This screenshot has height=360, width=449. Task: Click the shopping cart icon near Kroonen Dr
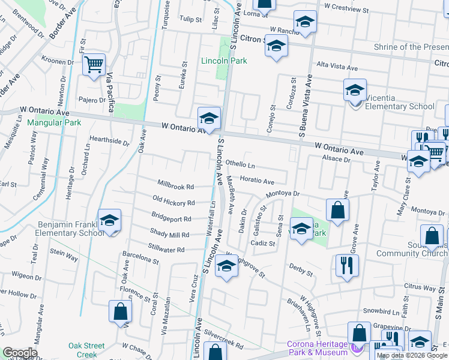tap(94, 64)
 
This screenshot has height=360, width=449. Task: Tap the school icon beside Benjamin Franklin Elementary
tap(109, 221)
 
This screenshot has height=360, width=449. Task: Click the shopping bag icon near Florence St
tap(120, 311)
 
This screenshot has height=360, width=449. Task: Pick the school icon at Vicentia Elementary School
tap(355, 91)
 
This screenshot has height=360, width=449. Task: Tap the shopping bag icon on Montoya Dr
tap(338, 210)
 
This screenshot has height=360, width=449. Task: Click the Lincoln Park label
tap(224, 61)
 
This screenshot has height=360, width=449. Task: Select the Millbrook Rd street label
tap(176, 187)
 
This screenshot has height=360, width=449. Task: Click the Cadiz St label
tap(263, 244)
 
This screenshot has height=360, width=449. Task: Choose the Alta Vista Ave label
tap(337, 65)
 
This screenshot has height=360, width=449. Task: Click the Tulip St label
tap(190, 19)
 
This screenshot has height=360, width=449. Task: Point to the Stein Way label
tap(64, 257)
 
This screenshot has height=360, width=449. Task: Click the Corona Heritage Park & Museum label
tap(318, 348)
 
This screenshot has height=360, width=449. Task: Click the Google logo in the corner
tap(20, 353)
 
